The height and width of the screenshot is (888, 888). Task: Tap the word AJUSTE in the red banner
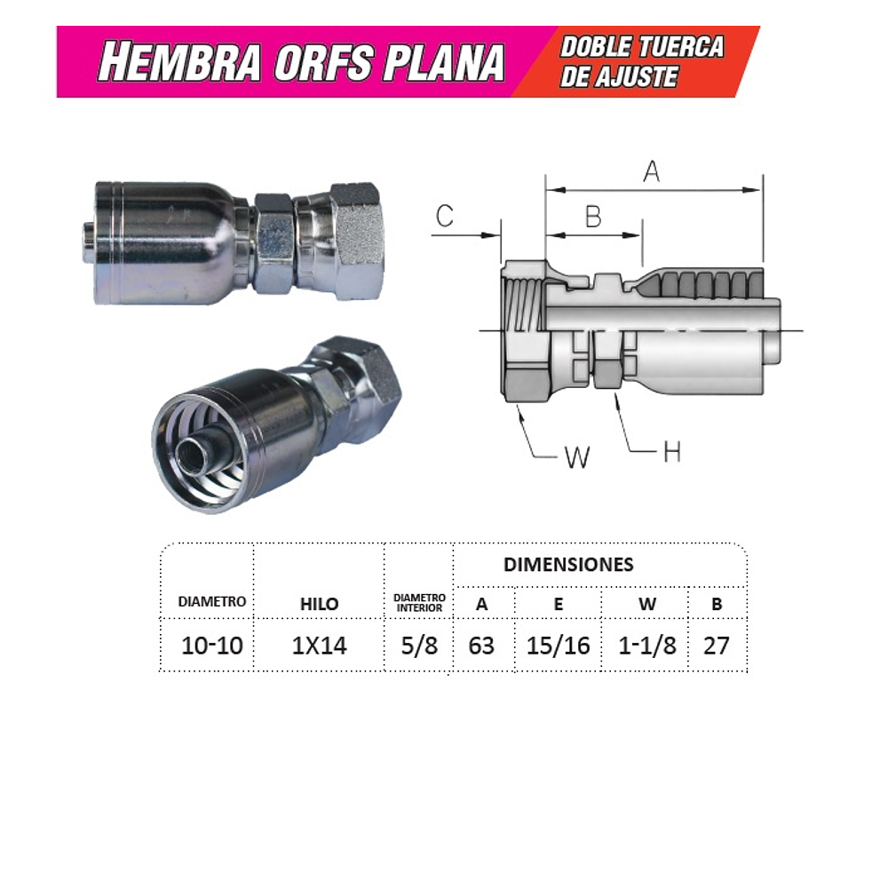pyautogui.click(x=631, y=77)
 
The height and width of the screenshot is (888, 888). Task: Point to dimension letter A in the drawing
pyautogui.click(x=652, y=171)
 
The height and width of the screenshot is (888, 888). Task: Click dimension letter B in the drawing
pyautogui.click(x=593, y=217)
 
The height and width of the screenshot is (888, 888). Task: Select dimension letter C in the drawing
pyautogui.click(x=445, y=217)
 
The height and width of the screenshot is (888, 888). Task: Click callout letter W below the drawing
pyautogui.click(x=577, y=457)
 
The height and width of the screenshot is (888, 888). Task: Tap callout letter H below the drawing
pyautogui.click(x=672, y=452)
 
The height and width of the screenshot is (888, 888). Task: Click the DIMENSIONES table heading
pyautogui.click(x=568, y=565)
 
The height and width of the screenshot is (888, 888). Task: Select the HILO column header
pyautogui.click(x=319, y=604)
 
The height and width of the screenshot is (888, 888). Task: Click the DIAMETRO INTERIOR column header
pyautogui.click(x=419, y=603)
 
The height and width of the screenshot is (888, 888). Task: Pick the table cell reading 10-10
pyautogui.click(x=211, y=646)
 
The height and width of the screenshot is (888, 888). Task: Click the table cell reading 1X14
pyautogui.click(x=319, y=646)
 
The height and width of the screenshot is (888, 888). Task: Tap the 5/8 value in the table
pyautogui.click(x=419, y=646)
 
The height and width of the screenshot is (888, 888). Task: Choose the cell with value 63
pyautogui.click(x=481, y=646)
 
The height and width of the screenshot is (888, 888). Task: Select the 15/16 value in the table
pyautogui.click(x=558, y=646)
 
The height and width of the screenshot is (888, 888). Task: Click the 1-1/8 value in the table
pyautogui.click(x=647, y=646)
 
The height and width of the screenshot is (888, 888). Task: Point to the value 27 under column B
pyautogui.click(x=716, y=646)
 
